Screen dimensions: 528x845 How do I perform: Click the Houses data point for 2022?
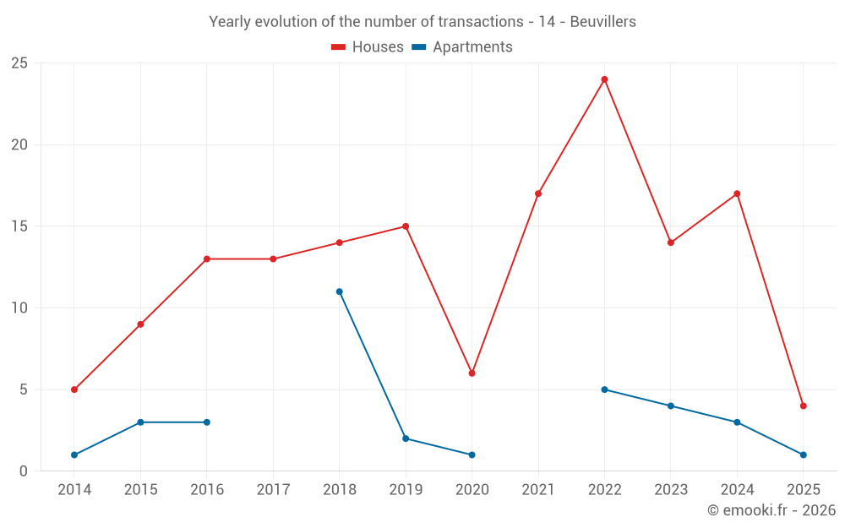click(604, 79)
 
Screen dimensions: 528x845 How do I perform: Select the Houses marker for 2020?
click(472, 373)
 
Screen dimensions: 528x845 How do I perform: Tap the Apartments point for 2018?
click(339, 291)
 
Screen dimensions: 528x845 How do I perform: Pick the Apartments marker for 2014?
click(74, 455)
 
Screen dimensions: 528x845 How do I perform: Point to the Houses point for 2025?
click(803, 406)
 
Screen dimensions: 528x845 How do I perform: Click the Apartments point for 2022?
click(604, 389)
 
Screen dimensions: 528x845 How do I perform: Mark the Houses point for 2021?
click(538, 193)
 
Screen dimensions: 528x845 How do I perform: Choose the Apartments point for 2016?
click(207, 422)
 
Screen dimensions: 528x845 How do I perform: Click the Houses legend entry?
click(368, 47)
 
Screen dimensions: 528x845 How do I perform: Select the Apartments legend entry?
click(462, 47)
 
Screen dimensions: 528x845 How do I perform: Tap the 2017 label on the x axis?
click(273, 490)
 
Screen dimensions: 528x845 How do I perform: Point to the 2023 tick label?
click(671, 490)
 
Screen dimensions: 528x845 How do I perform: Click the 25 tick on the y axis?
click(19, 63)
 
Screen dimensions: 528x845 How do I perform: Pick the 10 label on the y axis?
click(19, 308)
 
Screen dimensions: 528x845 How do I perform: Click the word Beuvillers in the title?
click(603, 22)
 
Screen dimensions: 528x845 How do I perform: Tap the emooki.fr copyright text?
click(771, 510)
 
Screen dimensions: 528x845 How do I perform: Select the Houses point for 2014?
click(74, 389)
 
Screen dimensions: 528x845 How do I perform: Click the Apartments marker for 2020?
click(472, 455)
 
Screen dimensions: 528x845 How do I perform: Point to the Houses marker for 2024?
click(737, 193)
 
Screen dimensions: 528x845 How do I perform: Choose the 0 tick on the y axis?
click(24, 471)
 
